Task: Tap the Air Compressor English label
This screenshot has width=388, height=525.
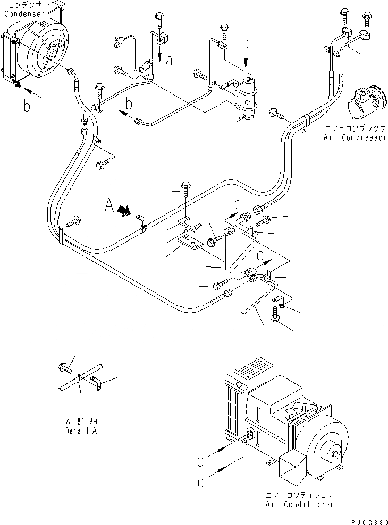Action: [355, 137]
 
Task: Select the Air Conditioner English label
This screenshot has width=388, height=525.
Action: [300, 504]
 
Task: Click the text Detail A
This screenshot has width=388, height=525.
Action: [81, 431]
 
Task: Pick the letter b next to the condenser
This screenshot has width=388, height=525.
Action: [27, 107]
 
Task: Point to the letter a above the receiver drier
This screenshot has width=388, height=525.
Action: [246, 44]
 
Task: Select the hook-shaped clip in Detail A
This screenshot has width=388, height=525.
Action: [97, 382]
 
